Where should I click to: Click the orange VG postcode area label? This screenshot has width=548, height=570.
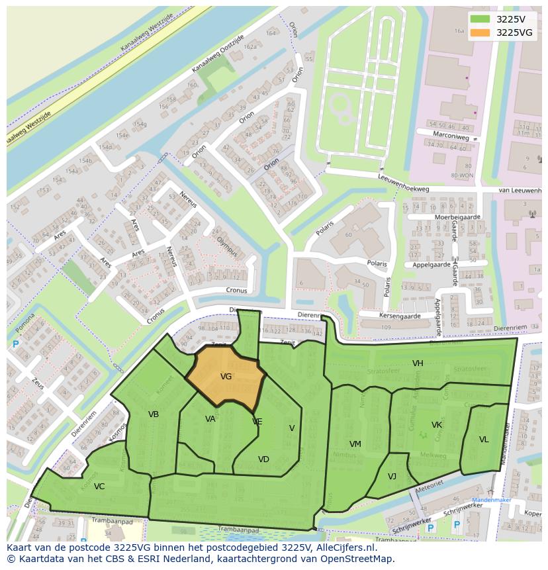[x=226, y=377]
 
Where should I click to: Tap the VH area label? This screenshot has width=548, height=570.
[x=418, y=363]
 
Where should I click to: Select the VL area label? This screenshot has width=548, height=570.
[x=484, y=440]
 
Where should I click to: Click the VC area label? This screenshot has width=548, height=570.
[x=99, y=487]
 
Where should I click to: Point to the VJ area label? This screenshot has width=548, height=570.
[x=392, y=476]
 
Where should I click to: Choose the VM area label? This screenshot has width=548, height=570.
[x=355, y=444]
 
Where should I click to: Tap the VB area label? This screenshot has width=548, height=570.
[x=154, y=414]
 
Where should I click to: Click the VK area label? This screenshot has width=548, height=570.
[x=437, y=424]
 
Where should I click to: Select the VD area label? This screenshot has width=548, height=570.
[x=263, y=459]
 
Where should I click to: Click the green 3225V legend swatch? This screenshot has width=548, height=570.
[x=480, y=19]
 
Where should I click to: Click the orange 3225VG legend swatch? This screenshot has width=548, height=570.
[x=480, y=32]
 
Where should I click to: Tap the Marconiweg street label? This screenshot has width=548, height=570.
[x=453, y=136]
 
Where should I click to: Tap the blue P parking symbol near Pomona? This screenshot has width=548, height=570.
[x=15, y=344]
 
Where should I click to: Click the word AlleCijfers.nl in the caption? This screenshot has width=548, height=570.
[x=343, y=548]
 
